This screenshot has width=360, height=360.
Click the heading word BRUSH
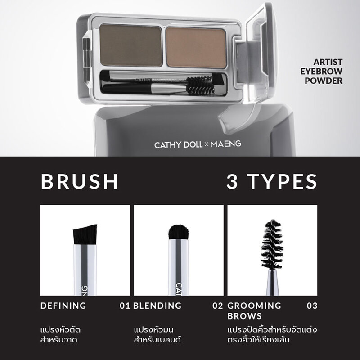tap(80, 181)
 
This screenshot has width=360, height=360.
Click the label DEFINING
tap(63, 306)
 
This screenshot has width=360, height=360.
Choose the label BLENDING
tap(157, 306)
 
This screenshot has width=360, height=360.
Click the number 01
tap(125, 306)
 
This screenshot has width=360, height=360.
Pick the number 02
tap(218, 306)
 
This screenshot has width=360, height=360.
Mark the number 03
tap(312, 306)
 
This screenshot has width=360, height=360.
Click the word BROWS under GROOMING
tap(245, 316)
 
